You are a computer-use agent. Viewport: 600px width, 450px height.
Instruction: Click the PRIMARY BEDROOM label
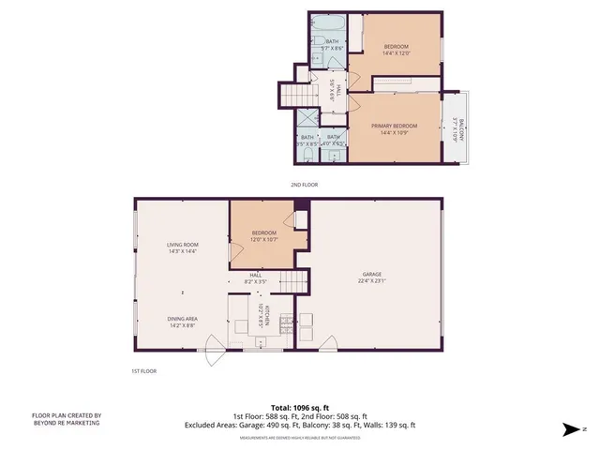(x=394, y=126)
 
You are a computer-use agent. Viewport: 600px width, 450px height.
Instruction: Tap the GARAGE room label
(x=372, y=275)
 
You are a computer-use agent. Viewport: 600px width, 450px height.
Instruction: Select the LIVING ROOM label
(x=181, y=245)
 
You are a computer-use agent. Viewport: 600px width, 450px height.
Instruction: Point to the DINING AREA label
(x=182, y=318)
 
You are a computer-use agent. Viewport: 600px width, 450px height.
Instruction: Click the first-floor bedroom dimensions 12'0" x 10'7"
(x=263, y=239)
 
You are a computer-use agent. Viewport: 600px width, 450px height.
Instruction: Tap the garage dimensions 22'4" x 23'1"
(x=372, y=280)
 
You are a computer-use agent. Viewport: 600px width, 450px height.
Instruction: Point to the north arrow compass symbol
(x=572, y=430)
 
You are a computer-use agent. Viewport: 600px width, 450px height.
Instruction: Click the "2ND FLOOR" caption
(x=304, y=185)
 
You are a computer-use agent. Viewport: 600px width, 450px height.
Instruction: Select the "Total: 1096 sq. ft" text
(x=300, y=408)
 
